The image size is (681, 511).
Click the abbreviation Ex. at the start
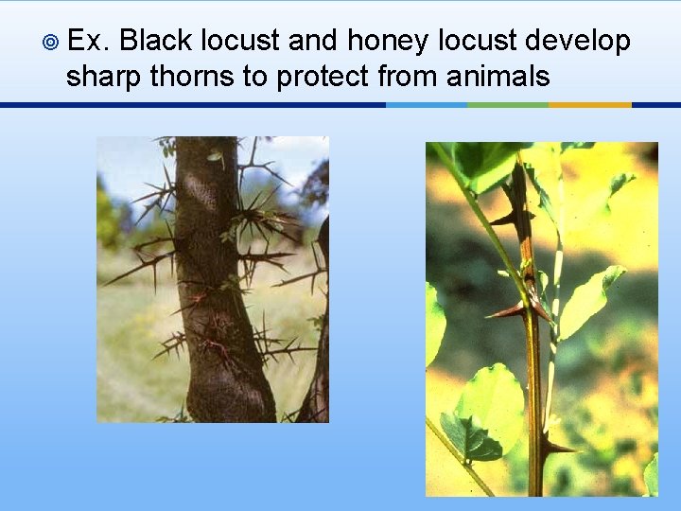pos(89,42)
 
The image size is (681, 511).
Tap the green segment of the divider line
pos(508,105)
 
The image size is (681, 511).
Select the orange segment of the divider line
pos(589,105)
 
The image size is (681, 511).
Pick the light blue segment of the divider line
pos(427,105)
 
